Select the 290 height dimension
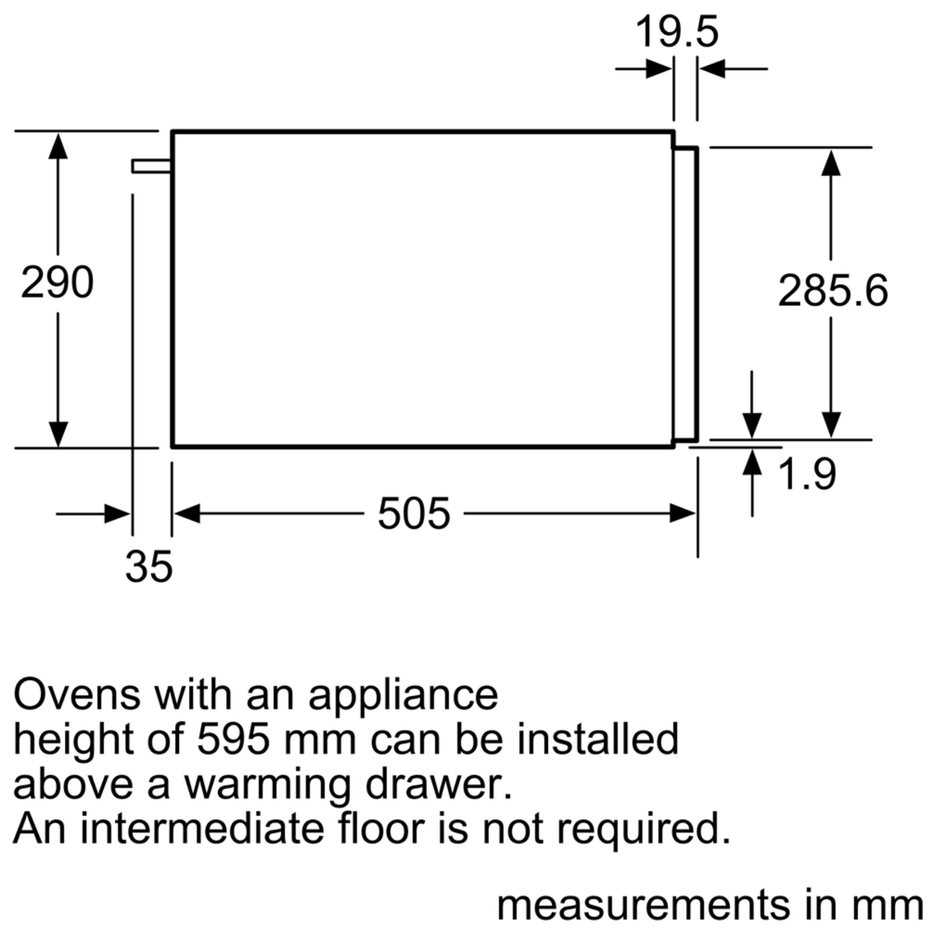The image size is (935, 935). [x=57, y=283]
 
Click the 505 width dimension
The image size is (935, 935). [x=414, y=514]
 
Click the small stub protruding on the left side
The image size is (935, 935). [x=151, y=166]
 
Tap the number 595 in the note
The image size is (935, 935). [x=233, y=739]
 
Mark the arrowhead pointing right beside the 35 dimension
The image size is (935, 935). [x=117, y=514]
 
